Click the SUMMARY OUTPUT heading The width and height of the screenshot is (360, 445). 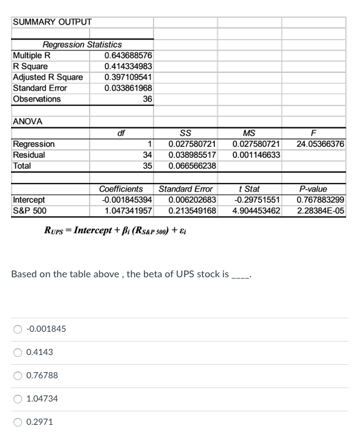(x=52, y=22)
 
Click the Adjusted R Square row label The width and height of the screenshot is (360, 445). (x=48, y=77)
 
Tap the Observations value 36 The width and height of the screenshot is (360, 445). (x=147, y=99)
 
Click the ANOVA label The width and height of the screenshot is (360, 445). (x=28, y=121)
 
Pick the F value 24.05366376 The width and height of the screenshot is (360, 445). (x=320, y=144)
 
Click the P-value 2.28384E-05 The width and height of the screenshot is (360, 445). (x=320, y=211)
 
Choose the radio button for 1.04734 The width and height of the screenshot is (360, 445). (x=18, y=398)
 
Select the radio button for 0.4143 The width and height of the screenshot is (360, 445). (x=18, y=352)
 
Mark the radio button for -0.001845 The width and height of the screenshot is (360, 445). (x=18, y=329)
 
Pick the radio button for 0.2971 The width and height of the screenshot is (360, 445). (x=18, y=422)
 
